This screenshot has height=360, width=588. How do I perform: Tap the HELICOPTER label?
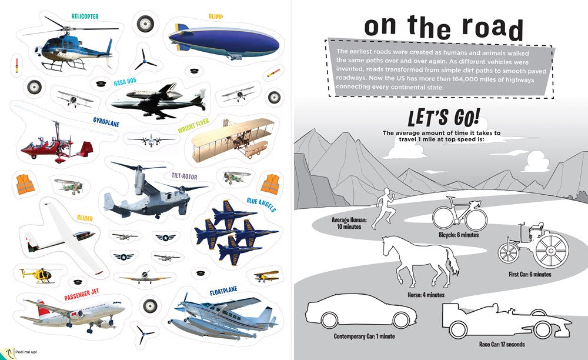(85, 16)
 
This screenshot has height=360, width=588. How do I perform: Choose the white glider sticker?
(64, 238)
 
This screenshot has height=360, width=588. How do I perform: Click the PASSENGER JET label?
(81, 295)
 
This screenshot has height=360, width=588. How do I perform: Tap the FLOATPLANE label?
(223, 291)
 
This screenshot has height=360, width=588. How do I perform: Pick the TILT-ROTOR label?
(184, 176)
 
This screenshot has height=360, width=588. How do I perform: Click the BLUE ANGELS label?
(261, 204)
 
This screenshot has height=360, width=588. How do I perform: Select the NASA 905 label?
(125, 81)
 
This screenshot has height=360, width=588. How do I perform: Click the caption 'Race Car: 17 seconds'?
(502, 344)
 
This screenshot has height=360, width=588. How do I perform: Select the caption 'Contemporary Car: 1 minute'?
(364, 336)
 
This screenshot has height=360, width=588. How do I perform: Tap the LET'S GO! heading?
(443, 118)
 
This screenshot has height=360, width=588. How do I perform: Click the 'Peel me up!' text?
(26, 352)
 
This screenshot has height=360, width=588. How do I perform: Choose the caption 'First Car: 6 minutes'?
(530, 274)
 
